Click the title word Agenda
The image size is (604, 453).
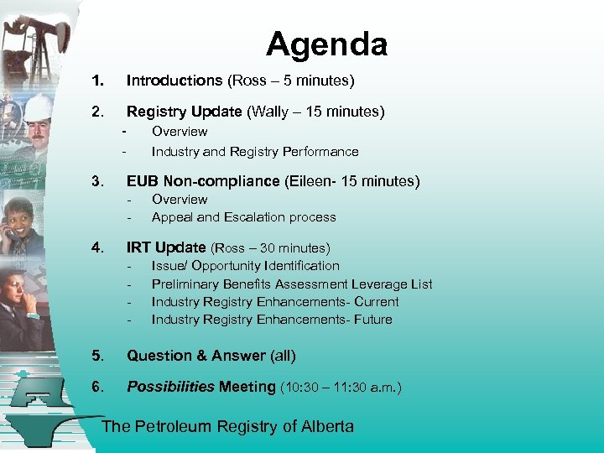click(x=326, y=44)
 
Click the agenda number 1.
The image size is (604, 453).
click(x=98, y=81)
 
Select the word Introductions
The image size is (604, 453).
click(x=174, y=81)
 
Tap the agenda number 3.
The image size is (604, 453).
click(x=98, y=181)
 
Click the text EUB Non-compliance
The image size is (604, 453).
click(x=202, y=181)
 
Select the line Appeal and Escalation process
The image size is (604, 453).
click(x=243, y=217)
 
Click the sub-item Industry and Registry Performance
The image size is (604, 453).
click(x=254, y=152)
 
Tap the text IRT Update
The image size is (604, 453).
click(x=166, y=247)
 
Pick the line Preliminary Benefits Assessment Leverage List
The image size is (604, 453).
click(x=291, y=284)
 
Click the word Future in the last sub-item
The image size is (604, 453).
click(x=373, y=320)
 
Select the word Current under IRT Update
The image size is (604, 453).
click(x=377, y=302)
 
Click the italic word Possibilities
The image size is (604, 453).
click(x=170, y=387)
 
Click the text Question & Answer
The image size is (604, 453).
click(x=196, y=356)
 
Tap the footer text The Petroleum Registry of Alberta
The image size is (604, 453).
click(x=227, y=426)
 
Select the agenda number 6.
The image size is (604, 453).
click(x=98, y=387)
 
